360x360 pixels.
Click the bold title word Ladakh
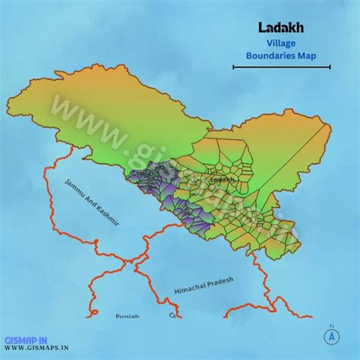coord(281,28)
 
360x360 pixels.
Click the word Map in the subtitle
coord(306,56)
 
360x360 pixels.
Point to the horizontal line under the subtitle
coord(281,68)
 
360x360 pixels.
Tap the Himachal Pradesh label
coord(204,286)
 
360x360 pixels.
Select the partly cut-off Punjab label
coord(128,314)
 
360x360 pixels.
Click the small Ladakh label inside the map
coord(222,180)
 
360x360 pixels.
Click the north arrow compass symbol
coord(332,336)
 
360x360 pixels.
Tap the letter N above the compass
coord(332,326)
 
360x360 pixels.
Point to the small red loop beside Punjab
coord(172,314)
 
